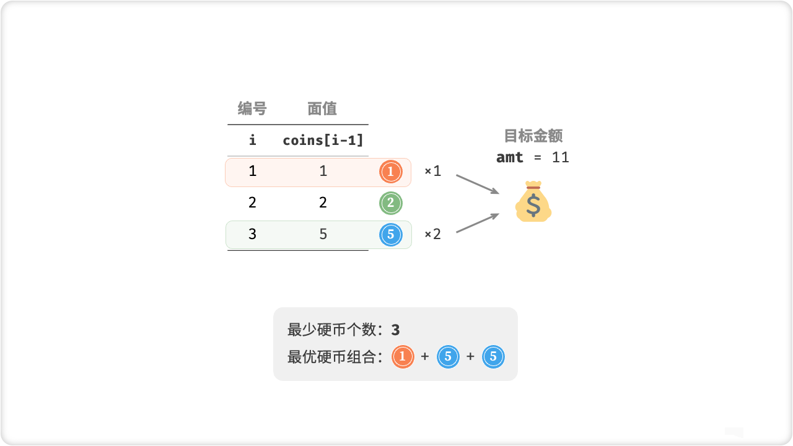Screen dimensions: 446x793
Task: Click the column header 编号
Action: pos(252,109)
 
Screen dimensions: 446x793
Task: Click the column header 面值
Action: pos(322,109)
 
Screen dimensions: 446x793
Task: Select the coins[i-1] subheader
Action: pos(323,140)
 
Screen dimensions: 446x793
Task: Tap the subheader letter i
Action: pos(252,140)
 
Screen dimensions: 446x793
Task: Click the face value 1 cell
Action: pos(323,171)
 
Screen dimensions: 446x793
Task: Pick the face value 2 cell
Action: pos(323,203)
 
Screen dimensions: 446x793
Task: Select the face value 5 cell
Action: pos(323,234)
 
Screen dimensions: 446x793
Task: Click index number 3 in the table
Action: pos(252,234)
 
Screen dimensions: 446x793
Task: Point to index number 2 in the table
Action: pos(252,203)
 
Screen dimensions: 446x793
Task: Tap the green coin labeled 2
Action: pos(390,203)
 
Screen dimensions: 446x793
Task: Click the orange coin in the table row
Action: pos(390,172)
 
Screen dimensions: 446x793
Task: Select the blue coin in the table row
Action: pos(390,235)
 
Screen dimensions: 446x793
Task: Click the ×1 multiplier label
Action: pos(432,171)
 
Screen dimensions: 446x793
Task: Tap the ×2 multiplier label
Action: pos(432,235)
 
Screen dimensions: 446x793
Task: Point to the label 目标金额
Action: pos(533,136)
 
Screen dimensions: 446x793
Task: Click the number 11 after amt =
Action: pos(560,157)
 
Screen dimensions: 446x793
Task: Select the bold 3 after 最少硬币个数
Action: pos(396,330)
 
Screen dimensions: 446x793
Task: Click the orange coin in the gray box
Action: pos(403,357)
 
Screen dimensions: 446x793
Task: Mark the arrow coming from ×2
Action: pos(477,223)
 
